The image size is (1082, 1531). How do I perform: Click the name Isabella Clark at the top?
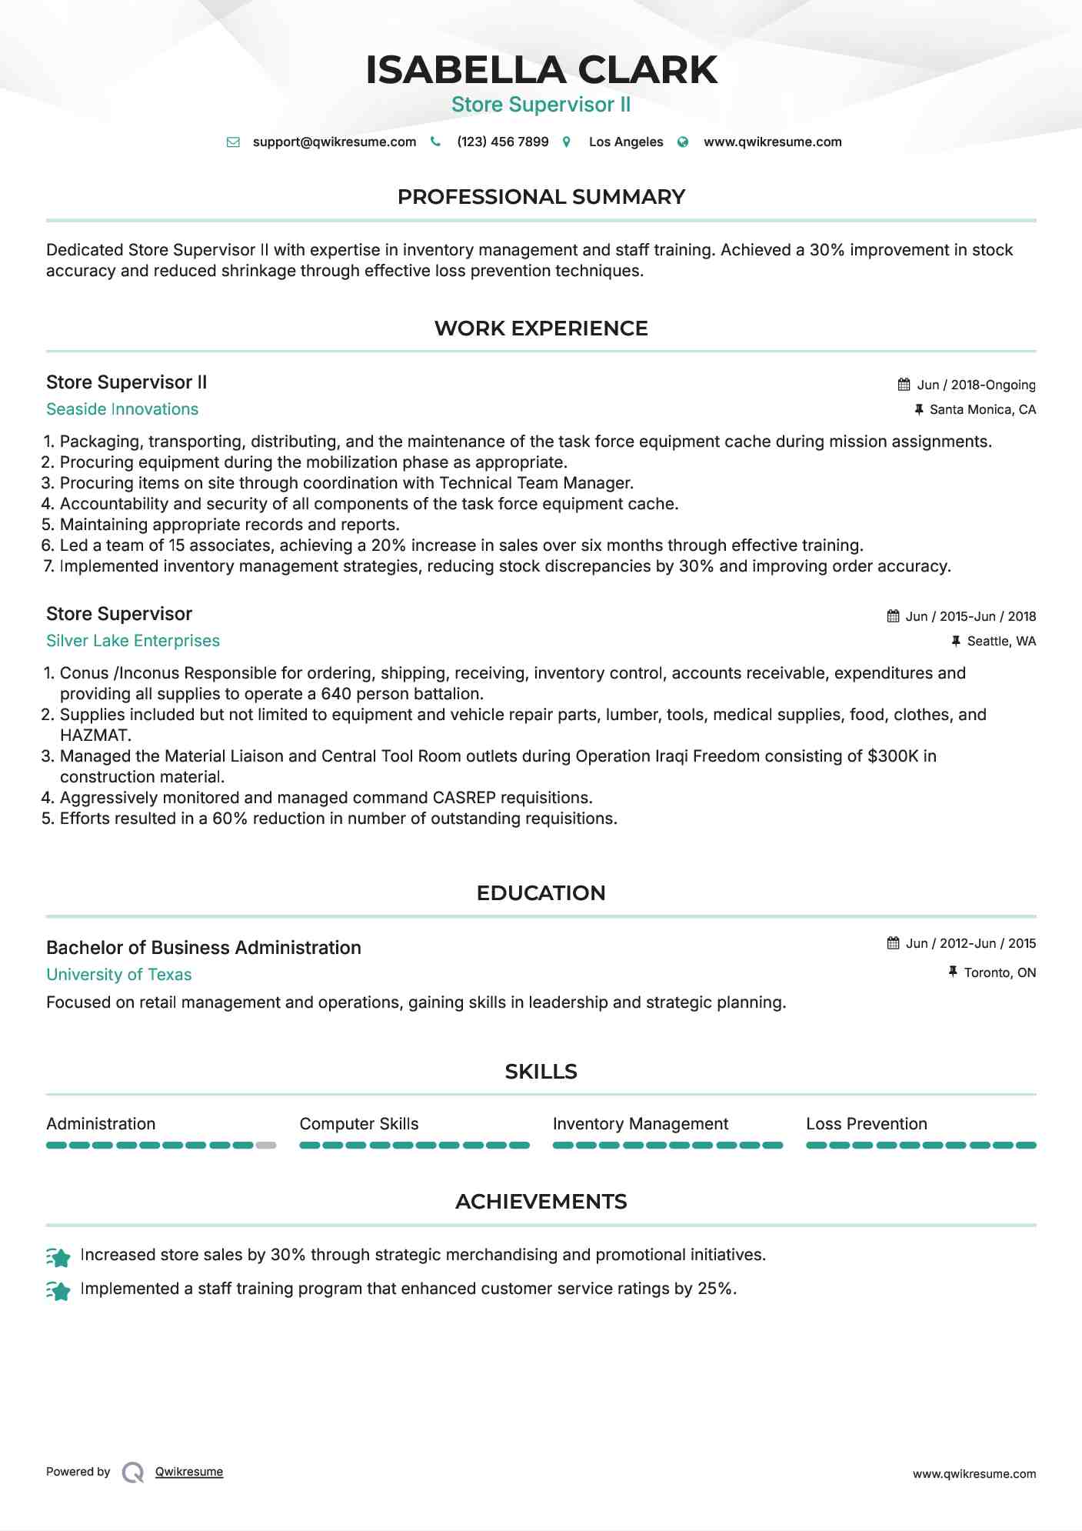(x=541, y=70)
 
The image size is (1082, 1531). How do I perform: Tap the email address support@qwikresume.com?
(x=334, y=142)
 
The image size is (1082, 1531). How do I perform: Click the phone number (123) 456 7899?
(x=502, y=142)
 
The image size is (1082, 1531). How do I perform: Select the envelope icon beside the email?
(x=233, y=142)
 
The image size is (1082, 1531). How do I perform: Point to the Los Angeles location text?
(x=625, y=142)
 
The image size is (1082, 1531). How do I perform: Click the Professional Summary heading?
(x=541, y=197)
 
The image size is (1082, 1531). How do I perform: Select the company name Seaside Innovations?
(x=122, y=409)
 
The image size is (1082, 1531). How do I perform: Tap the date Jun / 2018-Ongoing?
(x=976, y=385)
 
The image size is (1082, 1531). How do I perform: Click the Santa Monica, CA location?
(x=982, y=409)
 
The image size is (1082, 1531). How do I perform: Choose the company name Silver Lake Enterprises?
(x=133, y=641)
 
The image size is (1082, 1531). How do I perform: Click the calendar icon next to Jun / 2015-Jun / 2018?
(x=893, y=616)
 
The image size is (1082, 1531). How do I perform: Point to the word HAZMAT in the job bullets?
(x=95, y=735)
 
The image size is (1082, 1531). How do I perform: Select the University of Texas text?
(x=119, y=975)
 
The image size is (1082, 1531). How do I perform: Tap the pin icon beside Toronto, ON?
(x=953, y=972)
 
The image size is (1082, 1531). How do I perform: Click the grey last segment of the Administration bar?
(x=266, y=1146)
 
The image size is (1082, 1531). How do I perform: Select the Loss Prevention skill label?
(x=866, y=1124)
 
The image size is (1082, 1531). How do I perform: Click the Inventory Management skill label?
(x=640, y=1124)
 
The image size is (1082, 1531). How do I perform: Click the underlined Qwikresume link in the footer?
(x=189, y=1472)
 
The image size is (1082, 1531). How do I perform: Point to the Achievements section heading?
(x=541, y=1202)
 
